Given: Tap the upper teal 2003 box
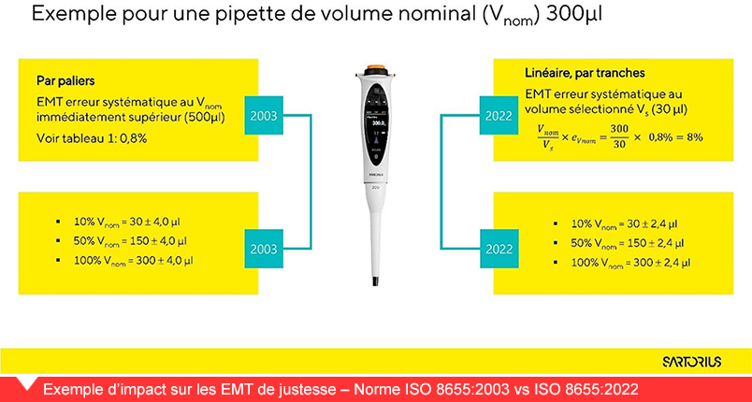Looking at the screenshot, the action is click(x=264, y=116).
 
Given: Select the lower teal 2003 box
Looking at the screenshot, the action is click(x=264, y=249).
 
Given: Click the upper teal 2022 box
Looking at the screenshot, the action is click(x=499, y=116).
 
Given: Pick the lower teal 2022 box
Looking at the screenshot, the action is click(x=499, y=249).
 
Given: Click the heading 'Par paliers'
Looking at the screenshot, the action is click(x=65, y=80).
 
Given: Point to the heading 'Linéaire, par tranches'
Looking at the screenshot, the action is click(x=586, y=73).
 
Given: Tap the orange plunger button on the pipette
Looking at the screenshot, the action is click(x=376, y=68).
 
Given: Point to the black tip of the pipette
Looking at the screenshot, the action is click(x=375, y=280).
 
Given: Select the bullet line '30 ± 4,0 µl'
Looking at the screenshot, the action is click(x=127, y=222).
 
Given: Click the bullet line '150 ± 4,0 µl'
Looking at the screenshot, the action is click(x=130, y=241).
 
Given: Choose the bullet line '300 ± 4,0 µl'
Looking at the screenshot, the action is click(x=134, y=261).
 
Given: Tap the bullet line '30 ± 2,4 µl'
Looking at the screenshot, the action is click(x=625, y=223).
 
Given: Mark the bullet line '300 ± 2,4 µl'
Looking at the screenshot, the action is click(x=630, y=263).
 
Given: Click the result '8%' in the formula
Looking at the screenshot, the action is click(x=694, y=137).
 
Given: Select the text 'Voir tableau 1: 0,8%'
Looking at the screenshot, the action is click(x=92, y=139).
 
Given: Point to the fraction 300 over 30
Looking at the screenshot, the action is click(x=619, y=137).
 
